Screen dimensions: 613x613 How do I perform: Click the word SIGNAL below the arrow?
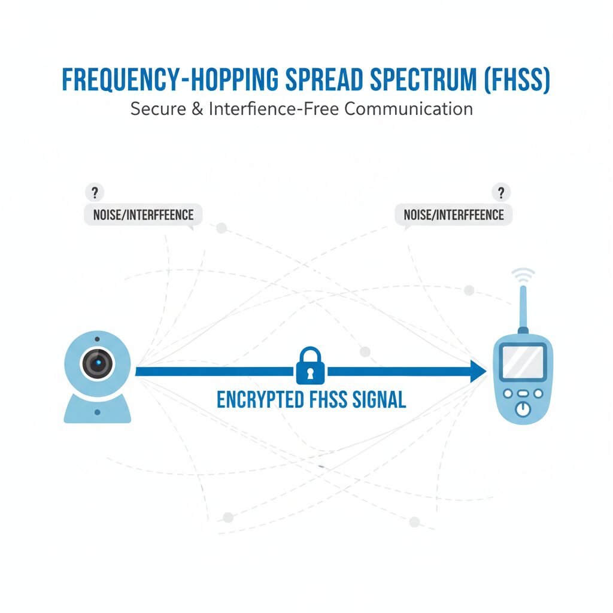pyautogui.click(x=375, y=399)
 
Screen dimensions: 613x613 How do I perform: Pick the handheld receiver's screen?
pyautogui.click(x=523, y=362)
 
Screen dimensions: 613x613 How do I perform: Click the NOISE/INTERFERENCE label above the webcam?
pyautogui.click(x=143, y=214)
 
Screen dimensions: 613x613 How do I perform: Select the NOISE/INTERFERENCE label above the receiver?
pyautogui.click(x=454, y=214)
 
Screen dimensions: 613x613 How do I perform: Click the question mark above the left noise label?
pyautogui.click(x=94, y=192)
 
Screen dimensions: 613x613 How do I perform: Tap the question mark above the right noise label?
pyautogui.click(x=501, y=192)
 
